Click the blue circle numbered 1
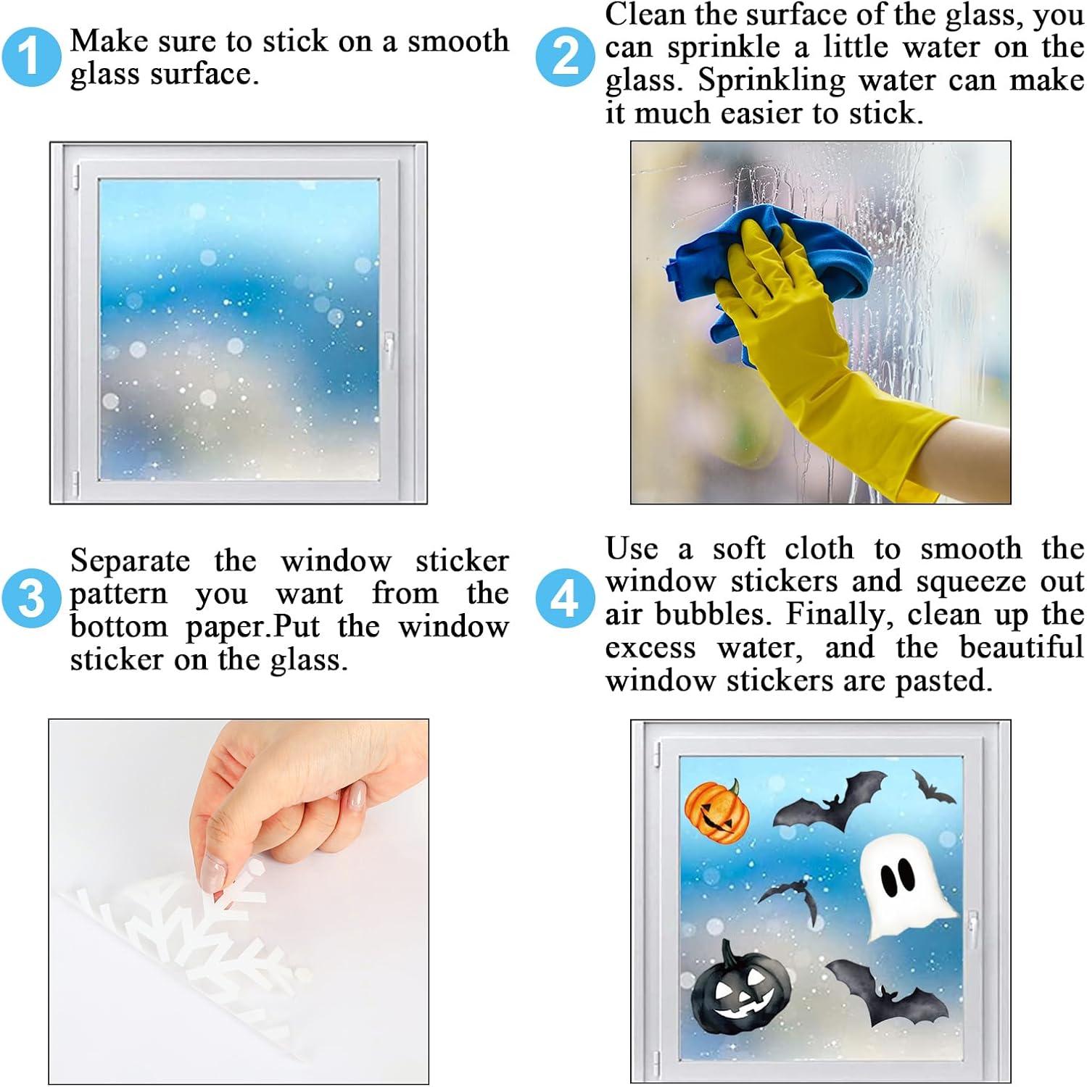click(x=30, y=57)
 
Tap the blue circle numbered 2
click(x=565, y=57)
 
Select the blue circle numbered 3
click(x=30, y=599)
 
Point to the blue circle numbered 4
click(x=565, y=599)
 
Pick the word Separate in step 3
click(x=130, y=562)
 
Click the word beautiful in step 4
click(x=1022, y=647)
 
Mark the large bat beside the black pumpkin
click(x=886, y=991)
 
